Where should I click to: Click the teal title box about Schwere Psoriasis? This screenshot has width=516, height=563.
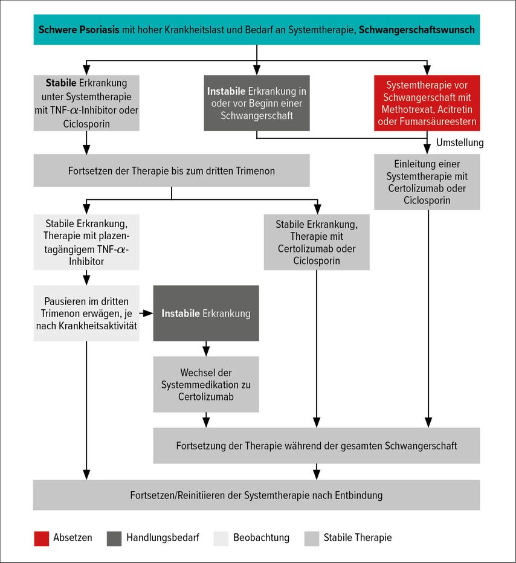tap(257, 30)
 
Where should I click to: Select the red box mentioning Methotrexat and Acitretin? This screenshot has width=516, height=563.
tap(427, 103)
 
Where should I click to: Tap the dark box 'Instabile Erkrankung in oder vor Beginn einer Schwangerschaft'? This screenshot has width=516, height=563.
tap(257, 103)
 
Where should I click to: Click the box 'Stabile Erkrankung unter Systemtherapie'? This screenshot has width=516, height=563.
tap(86, 103)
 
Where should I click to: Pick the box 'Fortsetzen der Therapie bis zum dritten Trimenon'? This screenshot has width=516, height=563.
tap(172, 170)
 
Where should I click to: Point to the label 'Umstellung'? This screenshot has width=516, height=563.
tap(460, 143)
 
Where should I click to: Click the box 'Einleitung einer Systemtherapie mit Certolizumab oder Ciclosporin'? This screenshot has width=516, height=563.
tap(427, 182)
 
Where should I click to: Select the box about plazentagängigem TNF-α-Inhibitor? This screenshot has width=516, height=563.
tap(86, 242)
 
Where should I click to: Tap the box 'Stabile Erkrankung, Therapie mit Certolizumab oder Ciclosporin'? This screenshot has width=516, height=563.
tap(317, 242)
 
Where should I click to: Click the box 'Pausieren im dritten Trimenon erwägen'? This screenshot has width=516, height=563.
tap(86, 314)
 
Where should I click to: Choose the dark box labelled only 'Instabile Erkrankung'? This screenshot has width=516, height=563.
tap(206, 314)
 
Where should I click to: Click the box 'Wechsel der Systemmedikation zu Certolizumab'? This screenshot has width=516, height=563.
tap(206, 385)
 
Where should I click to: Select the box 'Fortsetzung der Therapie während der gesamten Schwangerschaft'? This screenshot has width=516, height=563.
tap(317, 446)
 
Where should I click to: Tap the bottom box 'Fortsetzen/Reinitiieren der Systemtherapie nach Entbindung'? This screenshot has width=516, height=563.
tap(256, 495)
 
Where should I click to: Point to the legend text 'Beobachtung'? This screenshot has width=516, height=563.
tap(262, 538)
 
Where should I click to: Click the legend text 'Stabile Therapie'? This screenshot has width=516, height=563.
tap(358, 538)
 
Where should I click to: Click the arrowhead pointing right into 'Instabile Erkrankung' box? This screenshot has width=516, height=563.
tap(149, 314)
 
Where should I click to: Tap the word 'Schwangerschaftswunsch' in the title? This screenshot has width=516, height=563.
tap(417, 30)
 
